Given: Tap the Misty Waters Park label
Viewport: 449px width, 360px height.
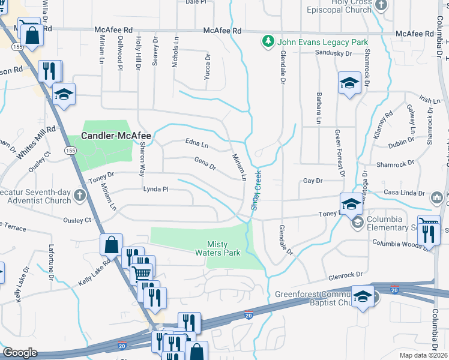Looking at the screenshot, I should (224, 248).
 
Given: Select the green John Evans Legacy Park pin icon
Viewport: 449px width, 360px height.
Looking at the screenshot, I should (267, 42).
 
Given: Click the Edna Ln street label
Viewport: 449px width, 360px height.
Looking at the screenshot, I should (197, 145).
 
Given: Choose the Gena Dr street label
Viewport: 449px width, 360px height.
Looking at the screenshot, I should (205, 163).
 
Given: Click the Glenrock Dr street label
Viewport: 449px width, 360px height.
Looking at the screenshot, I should (346, 275).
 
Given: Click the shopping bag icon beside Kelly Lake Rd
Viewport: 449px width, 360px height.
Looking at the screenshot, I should (111, 245).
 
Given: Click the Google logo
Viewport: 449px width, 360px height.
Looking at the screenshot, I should (20, 353).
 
